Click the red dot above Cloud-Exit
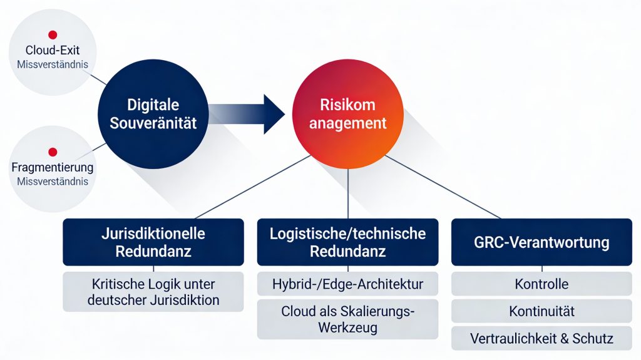tap(53, 36)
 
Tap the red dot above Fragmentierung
tap(53, 152)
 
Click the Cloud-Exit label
tap(53, 51)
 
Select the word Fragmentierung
tap(53, 167)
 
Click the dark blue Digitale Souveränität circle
tap(153, 114)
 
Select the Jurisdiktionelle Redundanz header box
tap(153, 242)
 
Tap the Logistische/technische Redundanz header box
tap(347, 242)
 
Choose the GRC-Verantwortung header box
tap(541, 242)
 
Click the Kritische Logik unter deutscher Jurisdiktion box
tap(153, 292)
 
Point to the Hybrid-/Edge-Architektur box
tap(347, 284)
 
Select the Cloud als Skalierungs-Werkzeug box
tap(347, 319)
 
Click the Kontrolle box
tap(541, 284)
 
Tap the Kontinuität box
tap(541, 311)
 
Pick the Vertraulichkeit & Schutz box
tap(541, 338)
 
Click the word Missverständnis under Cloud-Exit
tap(53, 64)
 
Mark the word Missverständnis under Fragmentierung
tap(53, 182)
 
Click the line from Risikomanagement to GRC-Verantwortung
tap(438, 188)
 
